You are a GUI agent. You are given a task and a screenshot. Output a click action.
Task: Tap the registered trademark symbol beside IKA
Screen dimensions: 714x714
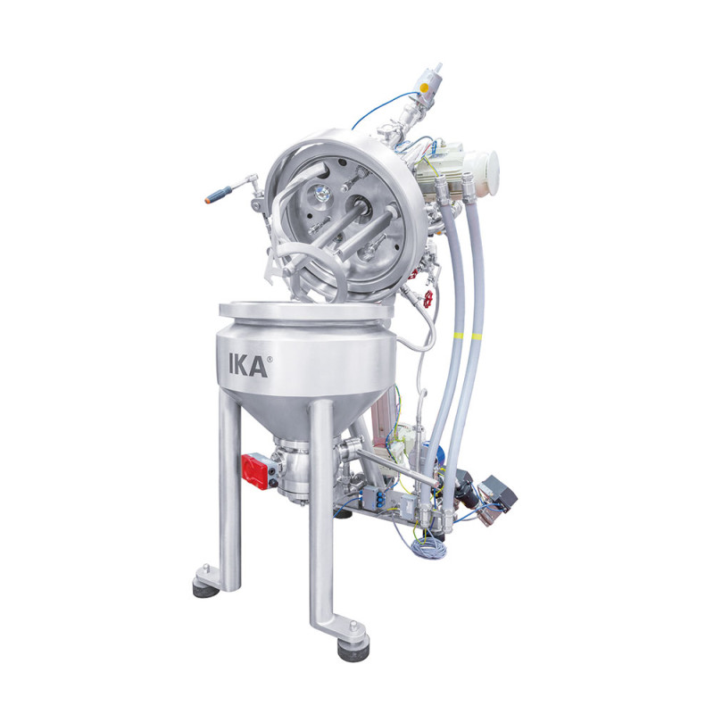point(270,359)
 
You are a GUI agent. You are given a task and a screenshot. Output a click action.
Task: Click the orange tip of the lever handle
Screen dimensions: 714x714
point(211,198)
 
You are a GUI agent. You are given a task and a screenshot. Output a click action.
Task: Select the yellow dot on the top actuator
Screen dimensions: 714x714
point(425,87)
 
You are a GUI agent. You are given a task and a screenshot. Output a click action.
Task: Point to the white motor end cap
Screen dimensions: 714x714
point(490,170)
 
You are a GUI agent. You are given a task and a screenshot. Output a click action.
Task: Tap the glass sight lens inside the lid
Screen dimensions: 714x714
point(322,194)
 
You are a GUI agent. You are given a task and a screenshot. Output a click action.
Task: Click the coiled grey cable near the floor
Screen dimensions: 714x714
point(428,544)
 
